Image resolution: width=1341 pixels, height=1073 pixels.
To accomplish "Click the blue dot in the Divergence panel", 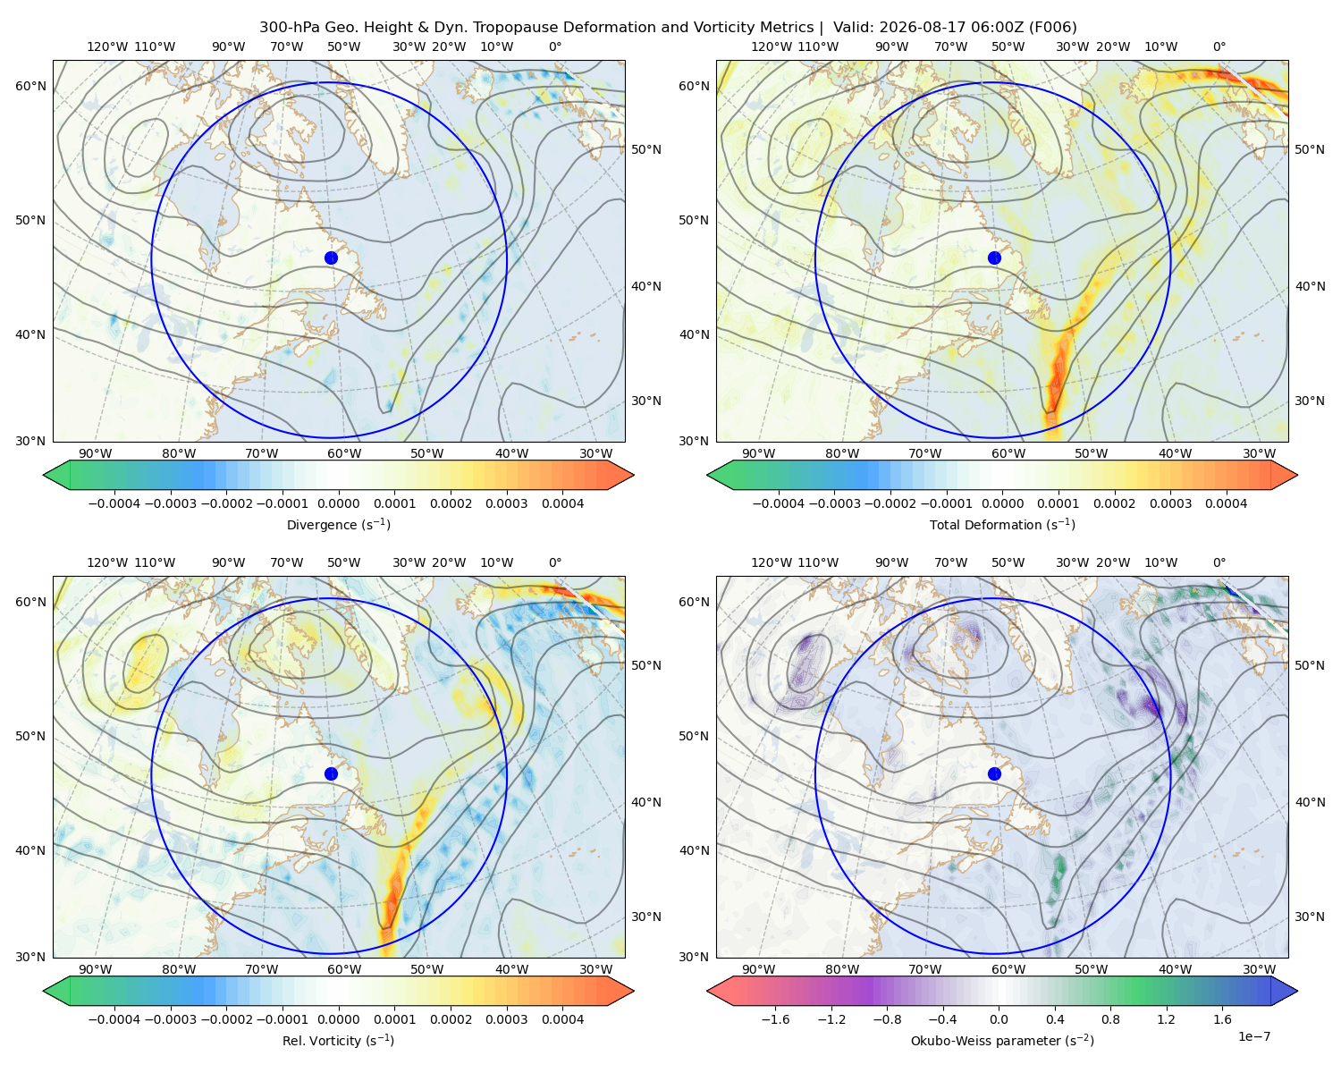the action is (331, 258).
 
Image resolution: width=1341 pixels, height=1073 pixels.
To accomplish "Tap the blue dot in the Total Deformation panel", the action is (994, 258).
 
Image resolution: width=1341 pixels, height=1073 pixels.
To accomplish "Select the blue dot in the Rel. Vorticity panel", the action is (331, 773).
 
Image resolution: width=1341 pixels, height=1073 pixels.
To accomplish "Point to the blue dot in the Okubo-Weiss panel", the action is (994, 773).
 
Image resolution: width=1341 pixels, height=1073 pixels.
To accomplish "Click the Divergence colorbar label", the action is (338, 525).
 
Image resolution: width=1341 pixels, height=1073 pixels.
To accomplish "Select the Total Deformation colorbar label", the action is (1002, 525).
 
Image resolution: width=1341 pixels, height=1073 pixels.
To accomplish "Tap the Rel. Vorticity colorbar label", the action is (338, 1041).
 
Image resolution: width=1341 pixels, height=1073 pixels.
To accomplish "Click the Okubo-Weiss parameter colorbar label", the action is (1002, 1041).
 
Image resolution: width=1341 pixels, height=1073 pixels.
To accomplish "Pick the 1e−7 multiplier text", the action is (1253, 1036).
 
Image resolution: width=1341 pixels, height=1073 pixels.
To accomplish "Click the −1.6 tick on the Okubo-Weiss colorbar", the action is (775, 1019).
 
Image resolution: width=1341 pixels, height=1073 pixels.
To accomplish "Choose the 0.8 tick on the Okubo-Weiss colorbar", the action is (1110, 1019).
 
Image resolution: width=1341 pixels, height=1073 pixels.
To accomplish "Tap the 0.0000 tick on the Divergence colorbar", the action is (338, 503).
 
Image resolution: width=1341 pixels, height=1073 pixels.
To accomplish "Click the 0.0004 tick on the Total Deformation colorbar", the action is (1226, 503).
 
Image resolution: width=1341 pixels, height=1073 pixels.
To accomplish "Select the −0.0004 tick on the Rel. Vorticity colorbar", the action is (114, 1019).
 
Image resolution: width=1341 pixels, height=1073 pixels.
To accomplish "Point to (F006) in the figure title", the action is (1052, 28).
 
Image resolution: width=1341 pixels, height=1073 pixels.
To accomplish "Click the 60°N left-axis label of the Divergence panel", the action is (30, 86).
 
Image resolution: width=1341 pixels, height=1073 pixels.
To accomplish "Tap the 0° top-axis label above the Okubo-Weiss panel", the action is (1219, 562).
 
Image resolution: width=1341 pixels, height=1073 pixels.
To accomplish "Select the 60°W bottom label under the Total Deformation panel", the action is (1008, 454).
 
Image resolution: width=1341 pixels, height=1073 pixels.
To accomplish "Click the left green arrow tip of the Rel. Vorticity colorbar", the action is (44, 992).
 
